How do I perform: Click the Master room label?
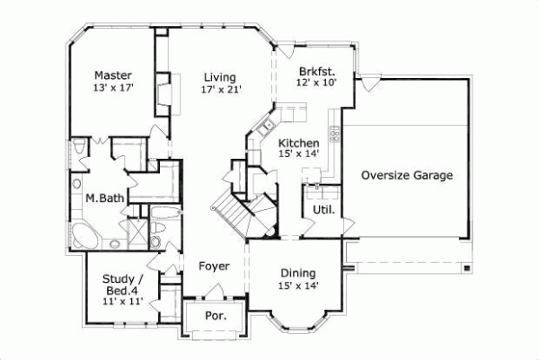point(114,75)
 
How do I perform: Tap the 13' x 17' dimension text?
point(114,89)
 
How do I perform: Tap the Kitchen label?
point(297,143)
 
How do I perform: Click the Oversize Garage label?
point(406,175)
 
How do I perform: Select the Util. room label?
point(323,210)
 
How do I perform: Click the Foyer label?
point(214,267)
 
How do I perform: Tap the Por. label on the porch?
point(216,316)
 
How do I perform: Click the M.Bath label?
point(104,198)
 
